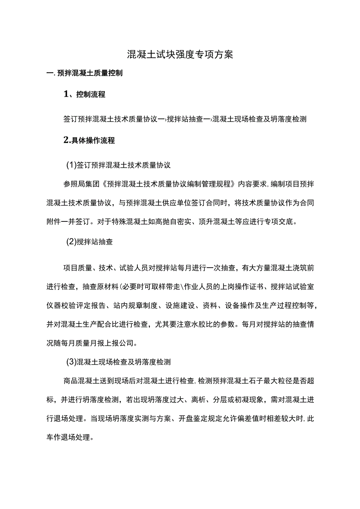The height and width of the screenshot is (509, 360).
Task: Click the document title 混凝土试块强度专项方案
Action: point(180,54)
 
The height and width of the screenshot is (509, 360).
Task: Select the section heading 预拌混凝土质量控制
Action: point(90,73)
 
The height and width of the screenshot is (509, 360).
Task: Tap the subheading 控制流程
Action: point(90,95)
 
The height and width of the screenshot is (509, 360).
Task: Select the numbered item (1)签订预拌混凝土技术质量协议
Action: point(118,165)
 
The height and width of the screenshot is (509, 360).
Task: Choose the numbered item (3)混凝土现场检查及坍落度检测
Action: point(118,362)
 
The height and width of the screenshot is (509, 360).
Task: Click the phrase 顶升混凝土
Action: point(220,222)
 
